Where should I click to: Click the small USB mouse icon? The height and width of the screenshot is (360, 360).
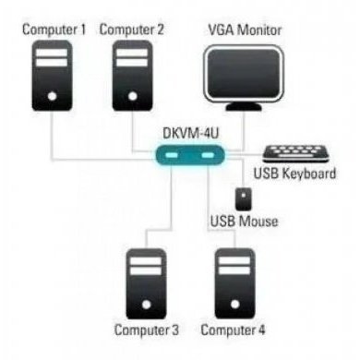[243, 198]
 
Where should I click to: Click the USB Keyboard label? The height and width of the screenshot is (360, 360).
[294, 176]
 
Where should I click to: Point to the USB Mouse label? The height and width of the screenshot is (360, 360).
[243, 221]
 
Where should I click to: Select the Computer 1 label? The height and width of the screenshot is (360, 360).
[54, 30]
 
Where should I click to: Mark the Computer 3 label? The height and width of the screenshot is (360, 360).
[147, 330]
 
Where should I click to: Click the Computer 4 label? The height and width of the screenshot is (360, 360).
[233, 330]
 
